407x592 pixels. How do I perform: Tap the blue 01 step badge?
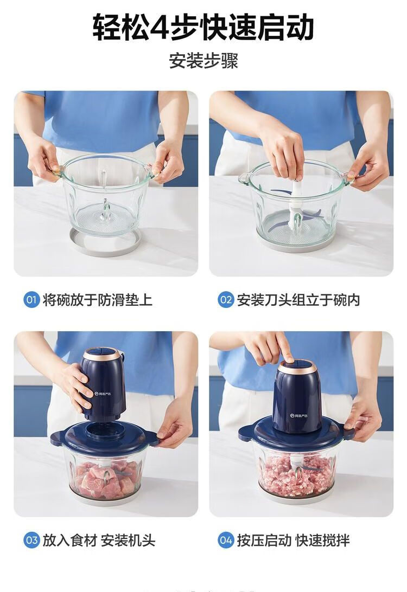(31, 300)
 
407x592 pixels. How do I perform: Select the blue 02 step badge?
(226, 300)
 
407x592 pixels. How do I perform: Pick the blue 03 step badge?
(31, 540)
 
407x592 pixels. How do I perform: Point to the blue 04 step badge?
(226, 540)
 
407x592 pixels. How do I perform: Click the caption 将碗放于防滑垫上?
(98, 300)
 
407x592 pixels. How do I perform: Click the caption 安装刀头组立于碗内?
(298, 300)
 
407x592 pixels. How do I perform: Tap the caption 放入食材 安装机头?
(99, 540)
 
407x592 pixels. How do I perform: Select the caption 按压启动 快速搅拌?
(293, 540)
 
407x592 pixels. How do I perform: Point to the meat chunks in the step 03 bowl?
(106, 478)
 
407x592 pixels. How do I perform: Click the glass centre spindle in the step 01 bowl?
(105, 211)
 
